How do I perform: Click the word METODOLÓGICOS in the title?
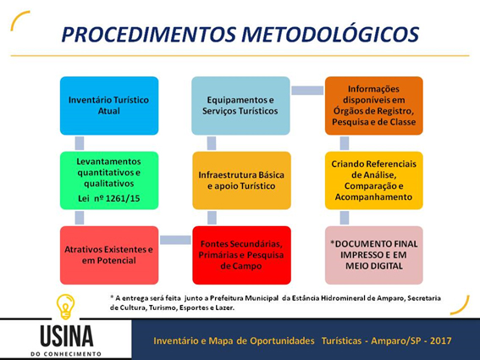[330, 34]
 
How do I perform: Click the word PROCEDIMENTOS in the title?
[149, 34]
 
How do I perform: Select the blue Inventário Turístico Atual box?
[109, 106]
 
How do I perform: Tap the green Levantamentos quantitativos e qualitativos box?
[109, 180]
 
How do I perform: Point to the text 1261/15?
[123, 198]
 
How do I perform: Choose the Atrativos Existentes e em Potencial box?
[109, 255]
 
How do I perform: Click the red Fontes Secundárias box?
[241, 255]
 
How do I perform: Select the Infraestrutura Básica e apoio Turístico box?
[241, 180]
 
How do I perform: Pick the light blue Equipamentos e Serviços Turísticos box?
[240, 106]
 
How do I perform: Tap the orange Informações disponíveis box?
[374, 106]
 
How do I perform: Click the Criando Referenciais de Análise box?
[374, 180]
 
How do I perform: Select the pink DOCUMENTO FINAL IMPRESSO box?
[374, 255]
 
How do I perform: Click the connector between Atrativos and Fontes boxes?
[175, 240]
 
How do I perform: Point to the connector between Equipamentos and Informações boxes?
[307, 91]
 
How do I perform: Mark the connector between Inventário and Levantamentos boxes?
[80, 143]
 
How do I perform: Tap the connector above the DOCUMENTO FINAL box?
[345, 218]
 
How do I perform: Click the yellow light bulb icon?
[65, 307]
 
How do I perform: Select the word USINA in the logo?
[66, 336]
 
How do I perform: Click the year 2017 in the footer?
[441, 341]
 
